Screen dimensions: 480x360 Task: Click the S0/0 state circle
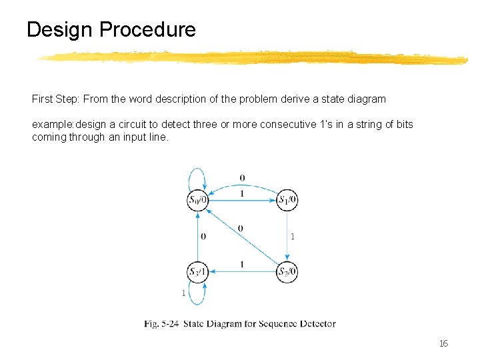(x=198, y=199)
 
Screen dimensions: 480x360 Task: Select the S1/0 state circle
(x=287, y=199)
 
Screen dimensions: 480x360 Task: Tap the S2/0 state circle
(x=287, y=271)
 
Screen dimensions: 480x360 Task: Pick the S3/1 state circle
(x=198, y=271)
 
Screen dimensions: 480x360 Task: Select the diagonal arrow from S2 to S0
(x=243, y=236)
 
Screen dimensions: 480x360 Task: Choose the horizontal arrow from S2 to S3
(x=242, y=272)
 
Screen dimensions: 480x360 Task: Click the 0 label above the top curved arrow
(x=242, y=178)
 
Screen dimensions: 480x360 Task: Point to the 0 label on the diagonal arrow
(x=240, y=228)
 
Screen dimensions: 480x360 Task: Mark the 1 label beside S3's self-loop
(x=183, y=293)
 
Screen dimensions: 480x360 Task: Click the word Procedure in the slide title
(x=147, y=30)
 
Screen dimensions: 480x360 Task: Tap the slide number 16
(x=443, y=343)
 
